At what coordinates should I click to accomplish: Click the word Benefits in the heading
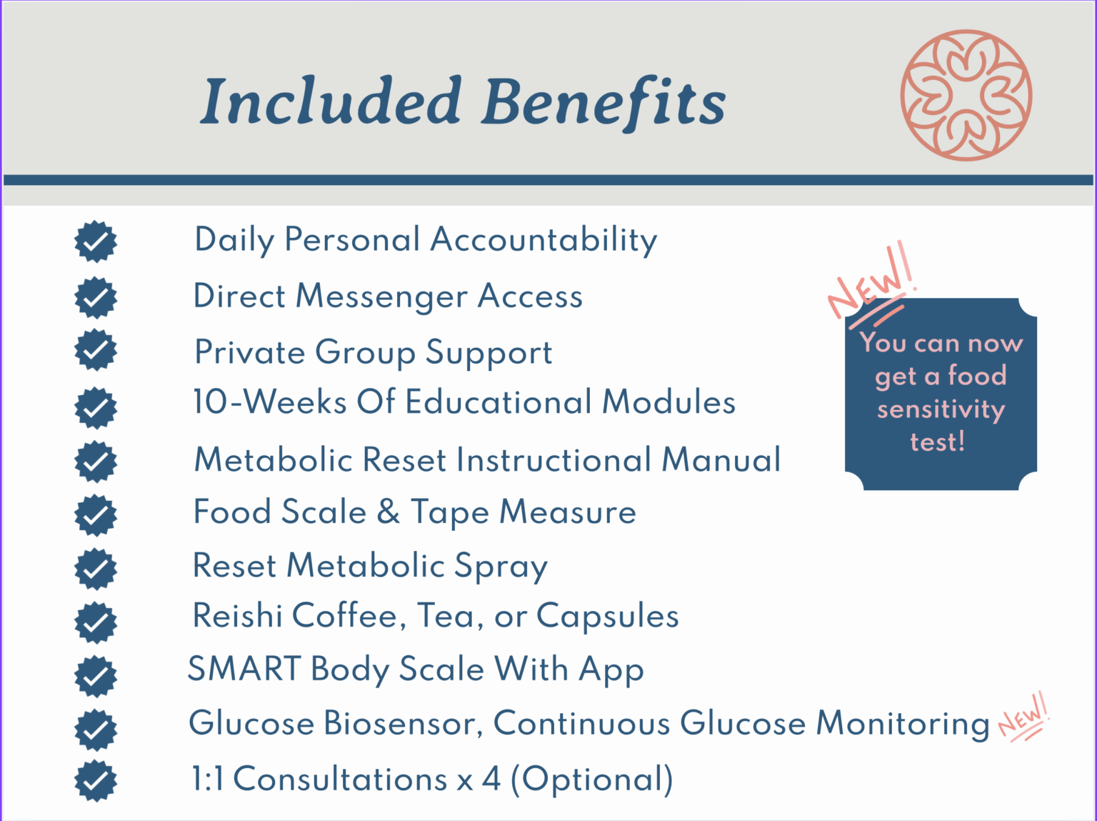pos(603,101)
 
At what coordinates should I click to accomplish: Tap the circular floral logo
pos(966,95)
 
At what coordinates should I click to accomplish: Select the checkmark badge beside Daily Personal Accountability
pos(96,242)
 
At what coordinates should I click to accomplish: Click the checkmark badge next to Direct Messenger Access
pos(96,297)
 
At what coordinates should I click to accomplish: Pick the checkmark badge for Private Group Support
pos(96,350)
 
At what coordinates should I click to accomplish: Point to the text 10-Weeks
pos(270,402)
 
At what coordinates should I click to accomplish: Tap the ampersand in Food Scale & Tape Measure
pos(388,512)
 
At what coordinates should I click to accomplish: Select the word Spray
pos(501,567)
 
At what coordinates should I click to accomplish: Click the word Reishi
pos(237,616)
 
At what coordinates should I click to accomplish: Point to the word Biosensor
pos(403,723)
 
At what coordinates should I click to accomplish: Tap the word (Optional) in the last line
pos(591,779)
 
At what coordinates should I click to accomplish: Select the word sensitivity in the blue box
pos(941,409)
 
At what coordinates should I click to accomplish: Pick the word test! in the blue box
pos(937,442)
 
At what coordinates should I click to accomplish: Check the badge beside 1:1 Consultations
pos(96,780)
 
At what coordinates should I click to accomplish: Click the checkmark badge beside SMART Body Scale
pos(96,676)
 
